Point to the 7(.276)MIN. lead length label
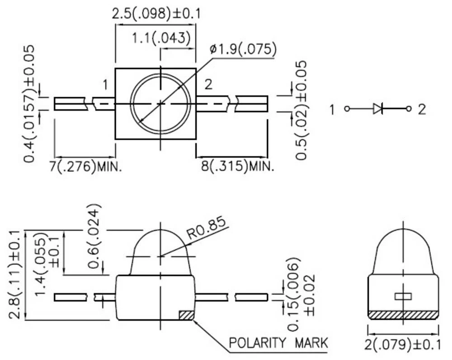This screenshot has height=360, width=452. [86, 167]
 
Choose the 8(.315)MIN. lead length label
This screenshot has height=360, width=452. [237, 167]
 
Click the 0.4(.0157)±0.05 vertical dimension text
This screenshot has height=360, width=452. [30, 104]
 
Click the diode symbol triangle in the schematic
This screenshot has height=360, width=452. [378, 109]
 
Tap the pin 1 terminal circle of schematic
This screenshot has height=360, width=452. [347, 109]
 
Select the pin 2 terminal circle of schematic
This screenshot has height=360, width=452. [409, 109]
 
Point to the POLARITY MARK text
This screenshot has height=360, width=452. [278, 343]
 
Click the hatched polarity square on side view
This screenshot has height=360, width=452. [186, 315]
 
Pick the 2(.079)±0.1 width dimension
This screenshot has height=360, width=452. [402, 345]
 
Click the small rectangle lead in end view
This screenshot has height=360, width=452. [403, 296]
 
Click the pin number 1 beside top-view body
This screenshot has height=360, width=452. [105, 85]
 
